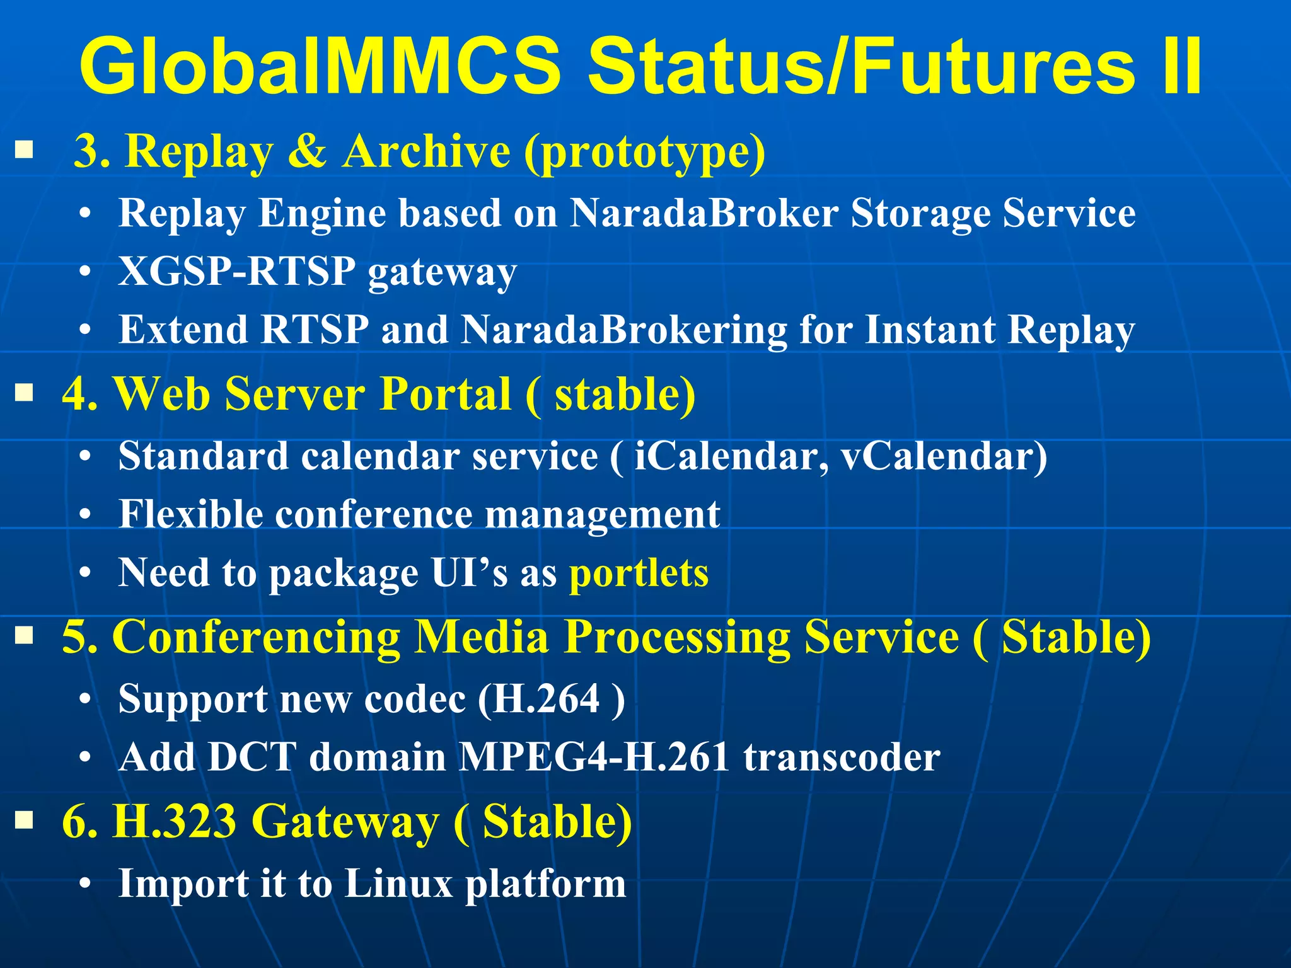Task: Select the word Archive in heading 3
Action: click(426, 152)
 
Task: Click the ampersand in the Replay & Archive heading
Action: click(307, 152)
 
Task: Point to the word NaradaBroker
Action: click(704, 213)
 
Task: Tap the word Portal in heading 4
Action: click(446, 394)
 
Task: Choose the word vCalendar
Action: click(944, 456)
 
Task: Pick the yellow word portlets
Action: click(639, 573)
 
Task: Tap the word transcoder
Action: click(842, 757)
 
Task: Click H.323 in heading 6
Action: click(174, 821)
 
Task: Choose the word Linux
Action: click(398, 884)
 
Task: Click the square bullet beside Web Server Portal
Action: click(24, 394)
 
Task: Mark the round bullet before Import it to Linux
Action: click(86, 884)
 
